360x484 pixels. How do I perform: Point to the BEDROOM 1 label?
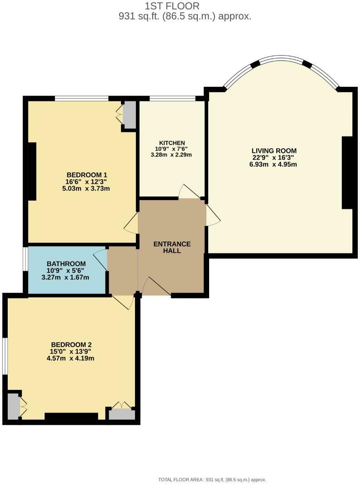pyautogui.click(x=87, y=175)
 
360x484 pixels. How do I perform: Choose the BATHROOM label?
pyautogui.click(x=66, y=264)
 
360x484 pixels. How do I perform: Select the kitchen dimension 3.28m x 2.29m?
pyautogui.click(x=171, y=155)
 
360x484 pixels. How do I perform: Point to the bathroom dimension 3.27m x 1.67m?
pyautogui.click(x=65, y=277)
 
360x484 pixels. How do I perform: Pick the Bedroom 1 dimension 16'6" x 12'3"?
pyautogui.click(x=87, y=181)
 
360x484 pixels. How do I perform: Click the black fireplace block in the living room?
pyautogui.click(x=347, y=173)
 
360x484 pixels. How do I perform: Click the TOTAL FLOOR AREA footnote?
pyautogui.click(x=212, y=479)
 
